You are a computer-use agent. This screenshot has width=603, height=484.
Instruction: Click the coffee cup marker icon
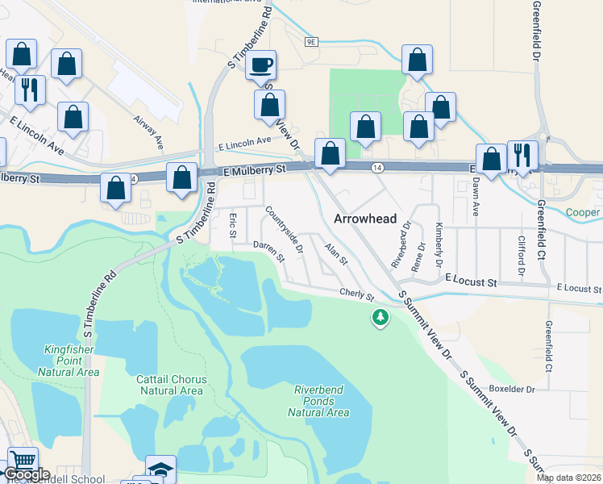pos(260,64)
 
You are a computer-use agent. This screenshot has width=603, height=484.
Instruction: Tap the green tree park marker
pos(380,317)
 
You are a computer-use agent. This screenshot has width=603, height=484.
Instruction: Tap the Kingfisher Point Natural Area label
pos(69,361)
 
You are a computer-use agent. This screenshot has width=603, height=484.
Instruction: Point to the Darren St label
pos(268,251)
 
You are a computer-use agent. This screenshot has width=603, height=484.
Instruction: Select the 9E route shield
pos(312,40)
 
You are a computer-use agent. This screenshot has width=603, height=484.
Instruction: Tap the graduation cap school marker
pos(160,469)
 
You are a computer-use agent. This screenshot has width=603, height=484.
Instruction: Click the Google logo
pos(26,474)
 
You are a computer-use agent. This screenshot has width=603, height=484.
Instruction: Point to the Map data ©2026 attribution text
pos(568,478)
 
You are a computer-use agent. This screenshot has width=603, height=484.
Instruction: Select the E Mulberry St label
pos(256,170)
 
